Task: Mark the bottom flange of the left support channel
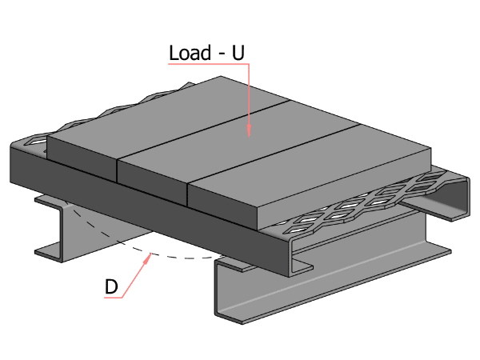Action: point(56,254)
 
